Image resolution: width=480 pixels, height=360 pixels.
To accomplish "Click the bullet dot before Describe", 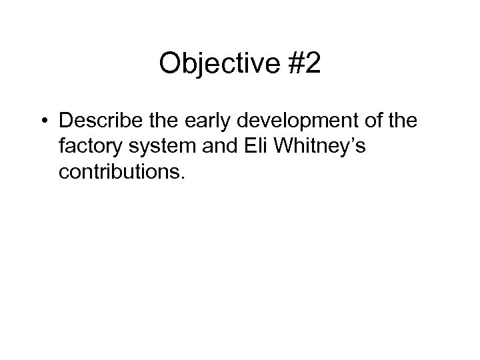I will click(45, 123).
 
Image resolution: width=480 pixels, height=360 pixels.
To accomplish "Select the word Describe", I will click(95, 121).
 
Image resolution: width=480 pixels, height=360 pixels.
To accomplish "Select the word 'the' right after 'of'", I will click(388, 121).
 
